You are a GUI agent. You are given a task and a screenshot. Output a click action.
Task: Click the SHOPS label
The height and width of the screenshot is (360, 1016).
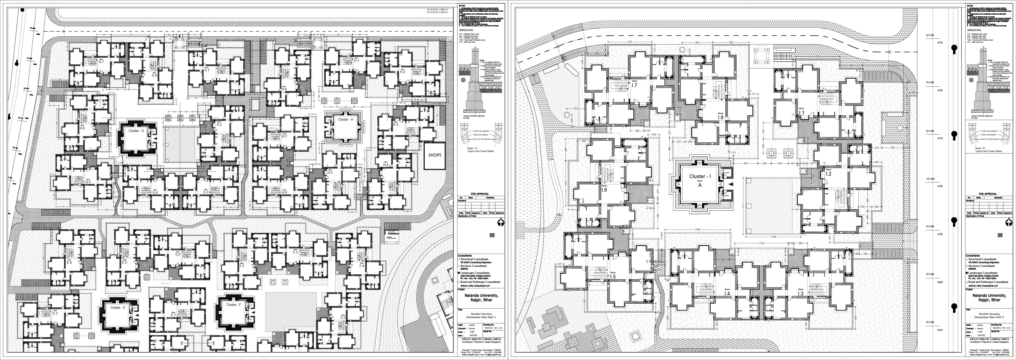435,155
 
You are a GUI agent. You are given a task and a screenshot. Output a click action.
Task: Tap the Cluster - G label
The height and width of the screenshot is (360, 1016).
136,130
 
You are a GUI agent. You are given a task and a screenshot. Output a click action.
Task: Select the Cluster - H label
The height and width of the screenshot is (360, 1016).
345,119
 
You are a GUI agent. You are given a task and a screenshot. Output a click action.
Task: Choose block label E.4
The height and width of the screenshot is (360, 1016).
69,263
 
